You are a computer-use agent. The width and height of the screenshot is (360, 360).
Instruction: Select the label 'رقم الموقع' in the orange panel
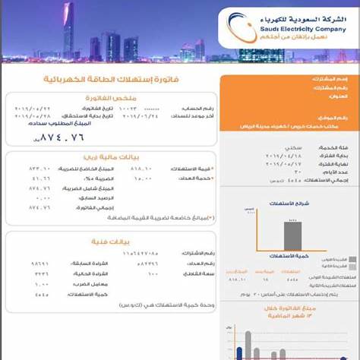[332, 118]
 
